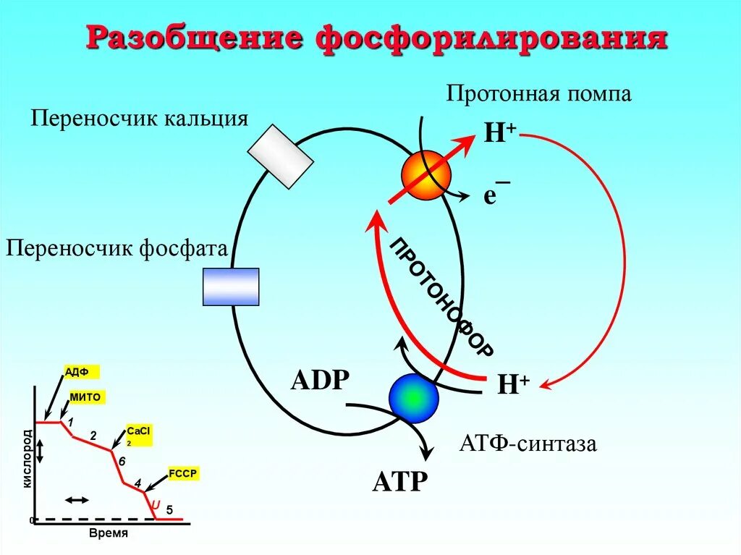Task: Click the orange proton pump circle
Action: tap(426, 175)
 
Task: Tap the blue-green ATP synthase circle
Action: tap(414, 398)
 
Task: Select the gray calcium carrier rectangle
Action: tap(280, 156)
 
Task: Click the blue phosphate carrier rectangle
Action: tap(230, 287)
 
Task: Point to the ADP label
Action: tap(320, 380)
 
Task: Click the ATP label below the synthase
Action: tap(400, 480)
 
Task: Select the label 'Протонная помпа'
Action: tap(539, 93)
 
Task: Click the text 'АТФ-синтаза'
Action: tap(528, 443)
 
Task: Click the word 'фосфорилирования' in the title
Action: tap(491, 38)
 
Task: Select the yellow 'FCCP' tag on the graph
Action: tap(183, 474)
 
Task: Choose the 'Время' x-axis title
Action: tap(108, 533)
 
